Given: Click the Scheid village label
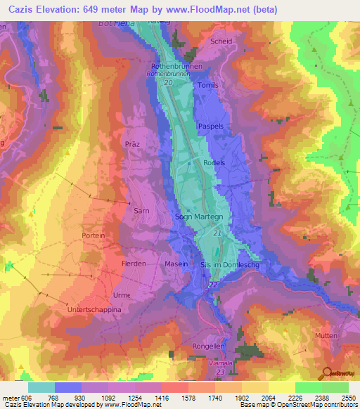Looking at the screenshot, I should pyautogui.click(x=221, y=41).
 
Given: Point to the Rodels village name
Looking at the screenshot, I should pyautogui.click(x=213, y=162).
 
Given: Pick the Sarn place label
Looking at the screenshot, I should pyautogui.click(x=141, y=209).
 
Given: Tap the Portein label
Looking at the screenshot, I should pyautogui.click(x=94, y=235).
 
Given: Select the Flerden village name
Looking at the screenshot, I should pyautogui.click(x=133, y=264).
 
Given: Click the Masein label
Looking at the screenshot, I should pyautogui.click(x=176, y=264).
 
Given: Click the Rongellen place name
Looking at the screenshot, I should pyautogui.click(x=208, y=346).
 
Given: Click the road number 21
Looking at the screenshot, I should pyautogui.click(x=217, y=233).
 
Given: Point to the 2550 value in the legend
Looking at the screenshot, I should pyautogui.click(x=349, y=398).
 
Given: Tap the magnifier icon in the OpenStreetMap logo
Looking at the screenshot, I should pyautogui.click(x=327, y=372).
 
